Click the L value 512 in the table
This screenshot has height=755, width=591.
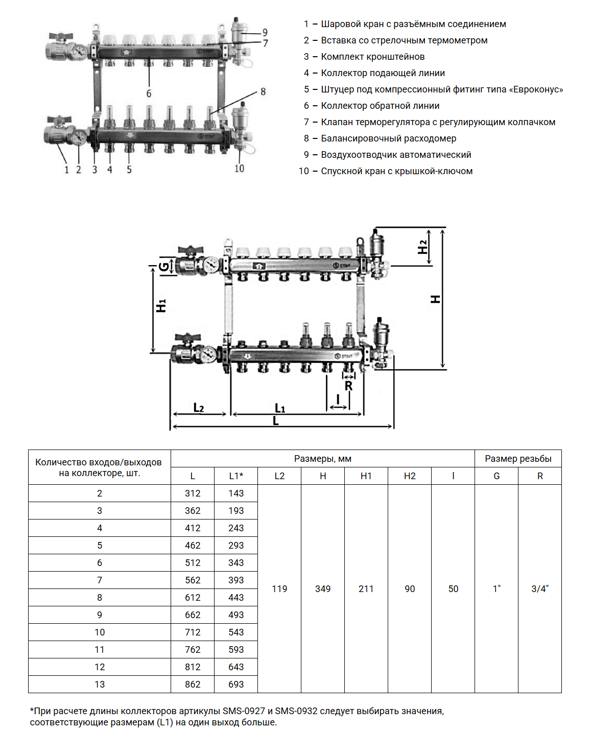(x=193, y=563)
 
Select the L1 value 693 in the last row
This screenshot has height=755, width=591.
(x=236, y=685)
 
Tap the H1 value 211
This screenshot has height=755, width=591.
(x=366, y=589)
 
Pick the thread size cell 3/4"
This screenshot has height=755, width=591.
(x=540, y=589)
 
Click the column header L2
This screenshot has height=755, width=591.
(x=279, y=476)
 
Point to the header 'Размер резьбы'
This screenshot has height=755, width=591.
(x=518, y=459)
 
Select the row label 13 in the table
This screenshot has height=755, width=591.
(x=100, y=685)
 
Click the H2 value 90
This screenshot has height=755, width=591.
(x=410, y=589)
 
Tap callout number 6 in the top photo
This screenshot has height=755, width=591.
(x=149, y=93)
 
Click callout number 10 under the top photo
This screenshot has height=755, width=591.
(x=239, y=169)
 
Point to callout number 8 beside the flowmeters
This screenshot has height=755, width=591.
(x=263, y=92)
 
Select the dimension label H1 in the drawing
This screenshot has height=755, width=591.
(x=161, y=305)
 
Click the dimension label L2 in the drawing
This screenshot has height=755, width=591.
(x=199, y=408)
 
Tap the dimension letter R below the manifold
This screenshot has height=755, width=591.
(x=348, y=386)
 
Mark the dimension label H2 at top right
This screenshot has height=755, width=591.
(x=422, y=247)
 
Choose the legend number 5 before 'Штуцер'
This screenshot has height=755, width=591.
(x=306, y=89)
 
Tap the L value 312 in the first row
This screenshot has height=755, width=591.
(x=193, y=493)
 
